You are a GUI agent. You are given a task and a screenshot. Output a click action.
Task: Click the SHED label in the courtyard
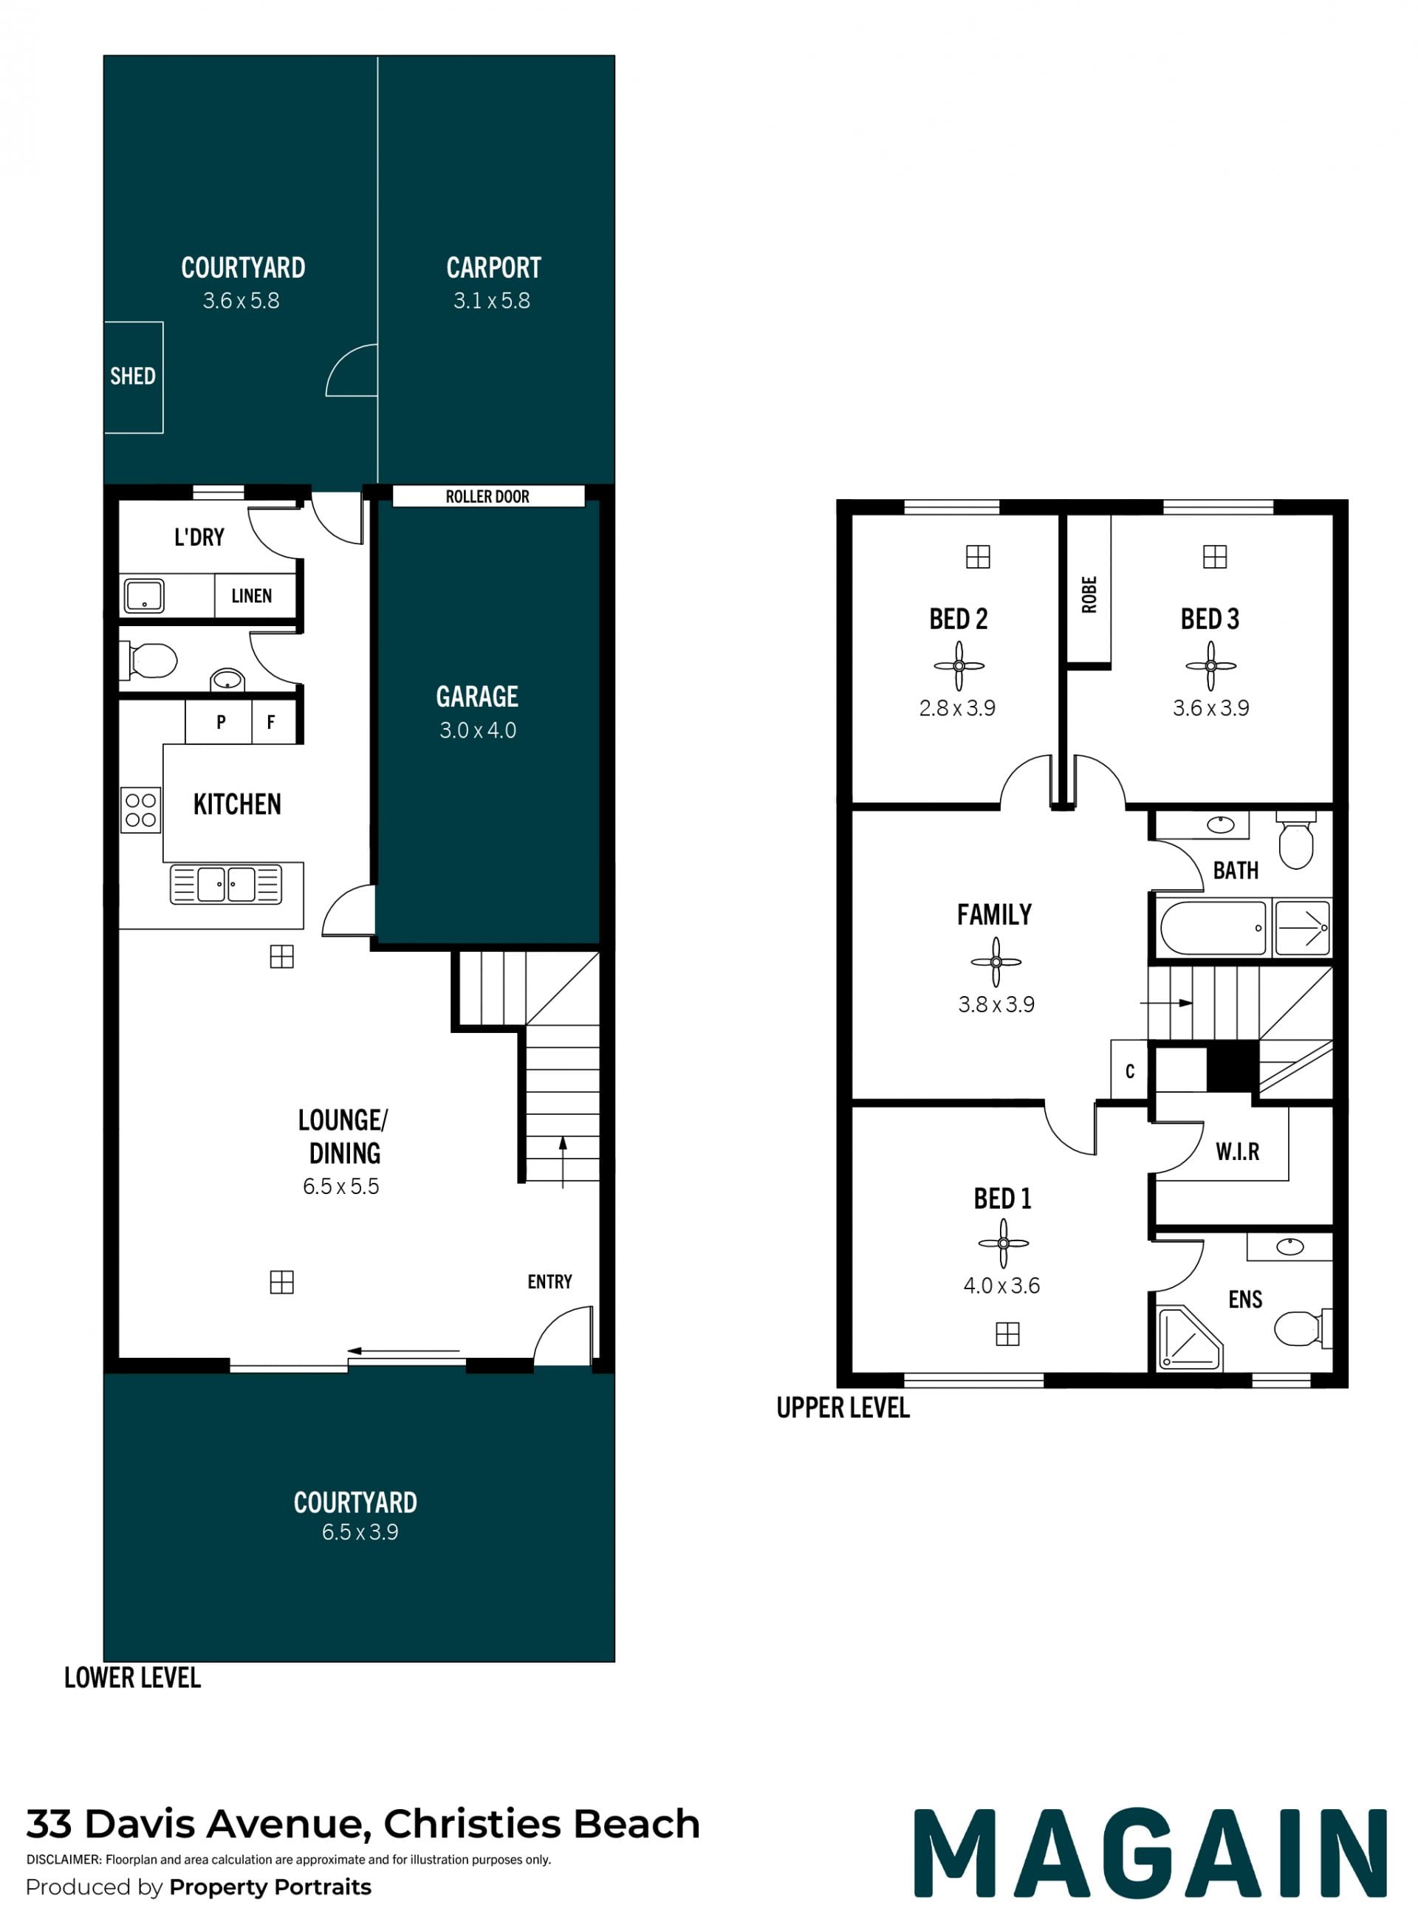pos(132,376)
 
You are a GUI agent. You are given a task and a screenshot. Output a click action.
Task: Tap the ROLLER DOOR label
pos(487,496)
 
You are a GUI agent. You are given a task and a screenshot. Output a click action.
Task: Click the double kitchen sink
pos(227,884)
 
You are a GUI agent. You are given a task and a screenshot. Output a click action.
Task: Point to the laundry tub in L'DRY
pos(144,596)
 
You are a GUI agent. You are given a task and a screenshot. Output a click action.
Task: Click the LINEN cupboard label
pos(252,596)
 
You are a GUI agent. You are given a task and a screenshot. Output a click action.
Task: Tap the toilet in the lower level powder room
pos(153,661)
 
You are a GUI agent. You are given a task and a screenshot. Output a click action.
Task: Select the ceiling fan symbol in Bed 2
pos(959,665)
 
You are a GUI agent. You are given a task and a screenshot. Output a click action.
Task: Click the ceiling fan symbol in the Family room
pos(996,961)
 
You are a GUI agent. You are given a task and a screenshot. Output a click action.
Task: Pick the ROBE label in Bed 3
pos(1089,594)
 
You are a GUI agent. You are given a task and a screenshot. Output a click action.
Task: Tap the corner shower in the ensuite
pos(1189,1338)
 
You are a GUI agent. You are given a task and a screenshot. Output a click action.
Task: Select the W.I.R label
pos(1238,1152)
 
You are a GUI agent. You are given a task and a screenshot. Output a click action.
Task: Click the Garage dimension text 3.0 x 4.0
pos(478,730)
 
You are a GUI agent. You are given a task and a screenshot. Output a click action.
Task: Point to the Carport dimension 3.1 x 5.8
pos(492,301)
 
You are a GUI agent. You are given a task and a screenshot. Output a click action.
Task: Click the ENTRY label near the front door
pos(549,1281)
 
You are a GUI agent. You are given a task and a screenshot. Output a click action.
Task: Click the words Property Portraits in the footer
pos(270,1887)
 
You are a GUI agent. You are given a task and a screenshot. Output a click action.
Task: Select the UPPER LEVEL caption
pos(843,1408)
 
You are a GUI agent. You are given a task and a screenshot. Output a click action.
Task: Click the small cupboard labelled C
pos(1129,1070)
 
